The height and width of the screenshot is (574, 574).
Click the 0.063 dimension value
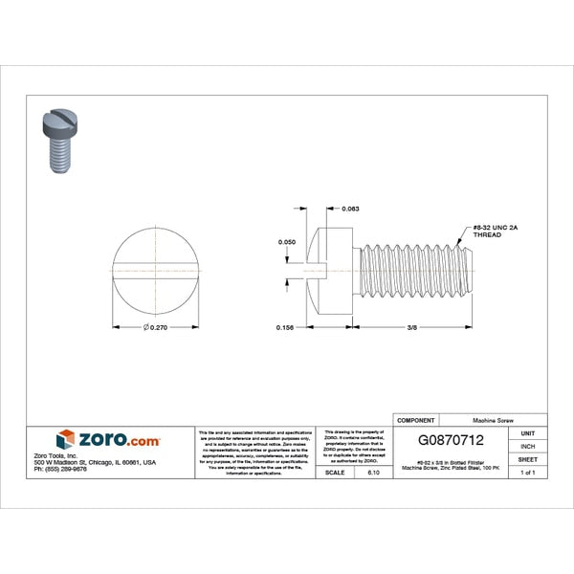click(351, 208)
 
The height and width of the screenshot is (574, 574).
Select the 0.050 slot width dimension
click(286, 243)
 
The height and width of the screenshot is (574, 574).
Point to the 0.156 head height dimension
click(284, 328)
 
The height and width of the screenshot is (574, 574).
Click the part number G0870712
click(457, 441)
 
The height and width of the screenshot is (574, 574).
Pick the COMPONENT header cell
click(415, 420)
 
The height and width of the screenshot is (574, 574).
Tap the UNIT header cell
click(527, 433)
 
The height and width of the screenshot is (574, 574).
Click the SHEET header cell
click(527, 459)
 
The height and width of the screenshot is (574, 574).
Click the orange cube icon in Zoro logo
click(65, 439)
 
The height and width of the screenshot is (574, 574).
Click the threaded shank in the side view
click(416, 271)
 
